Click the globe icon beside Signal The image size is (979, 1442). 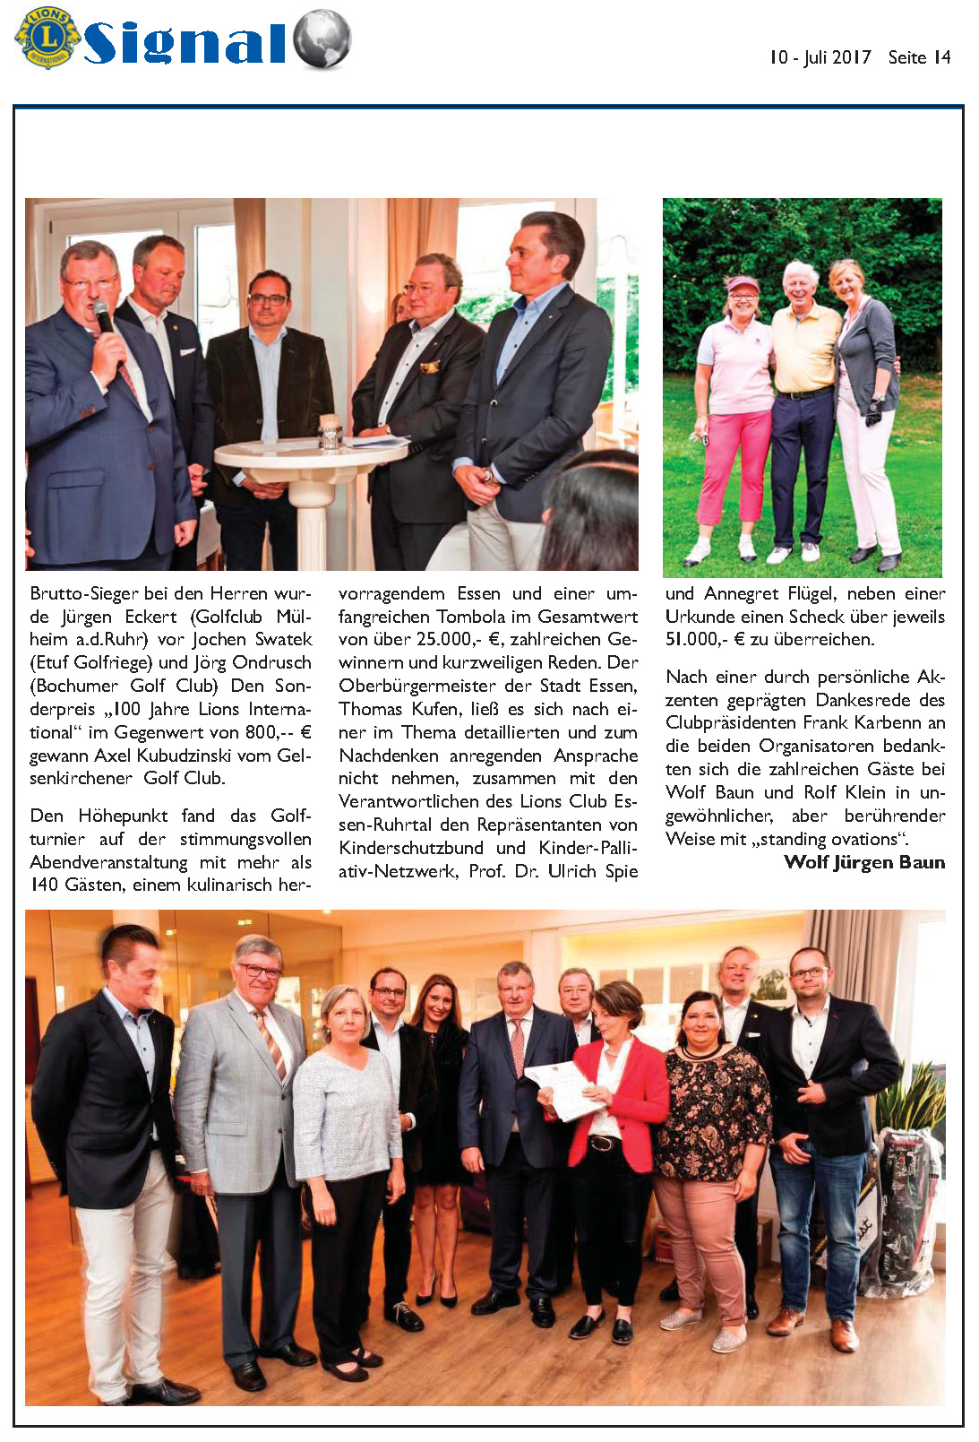(x=322, y=39)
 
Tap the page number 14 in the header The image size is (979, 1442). (x=941, y=57)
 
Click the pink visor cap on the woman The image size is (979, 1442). (x=742, y=284)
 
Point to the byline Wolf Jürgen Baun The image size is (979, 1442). (x=863, y=862)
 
